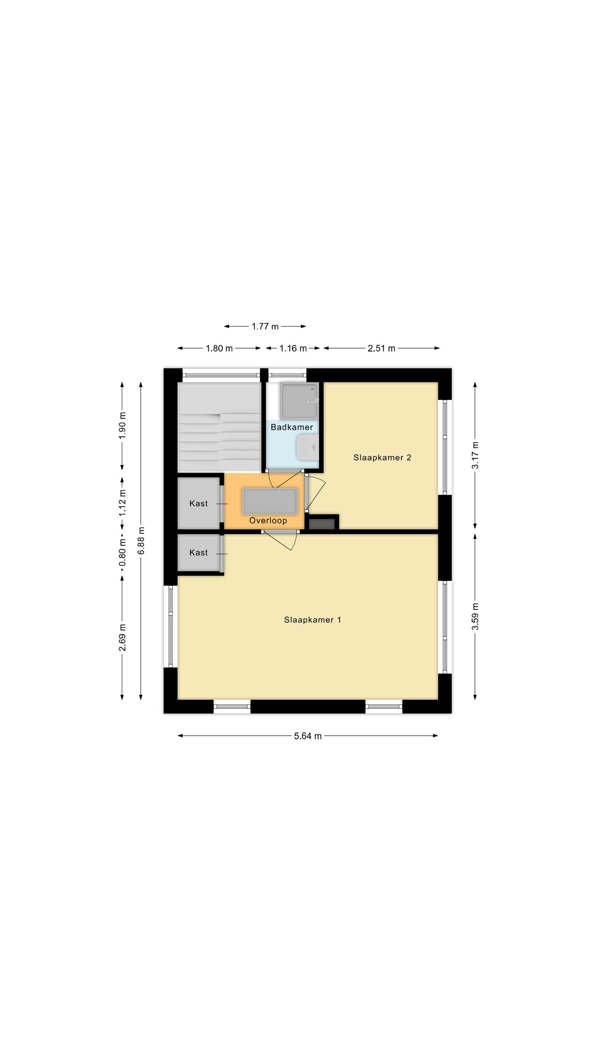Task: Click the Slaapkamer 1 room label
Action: [x=312, y=619]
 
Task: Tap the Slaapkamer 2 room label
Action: [x=382, y=457]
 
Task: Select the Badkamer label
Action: [x=292, y=427]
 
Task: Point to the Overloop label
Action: [x=268, y=520]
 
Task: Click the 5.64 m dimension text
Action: [x=307, y=736]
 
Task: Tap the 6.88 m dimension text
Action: [x=141, y=541]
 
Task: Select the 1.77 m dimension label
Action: [x=265, y=326]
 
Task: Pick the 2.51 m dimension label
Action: [x=381, y=348]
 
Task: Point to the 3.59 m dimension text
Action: [x=475, y=616]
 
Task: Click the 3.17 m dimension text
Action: [x=475, y=455]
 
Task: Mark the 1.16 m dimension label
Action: [x=293, y=348]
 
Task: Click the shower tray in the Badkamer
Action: [x=299, y=401]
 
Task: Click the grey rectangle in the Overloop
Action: [x=270, y=501]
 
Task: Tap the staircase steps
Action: [x=220, y=427]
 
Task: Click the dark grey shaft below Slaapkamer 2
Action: [x=322, y=524]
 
